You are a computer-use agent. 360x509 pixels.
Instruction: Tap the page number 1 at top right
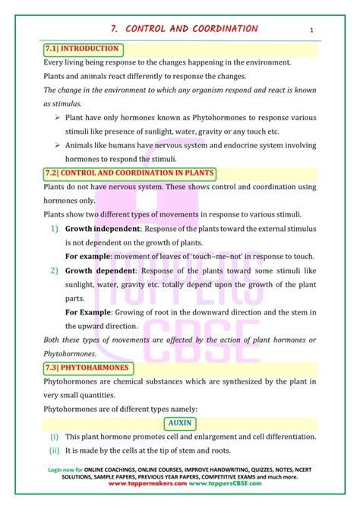coord(312,30)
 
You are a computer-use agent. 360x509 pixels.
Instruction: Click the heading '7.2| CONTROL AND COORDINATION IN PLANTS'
coord(130,173)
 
